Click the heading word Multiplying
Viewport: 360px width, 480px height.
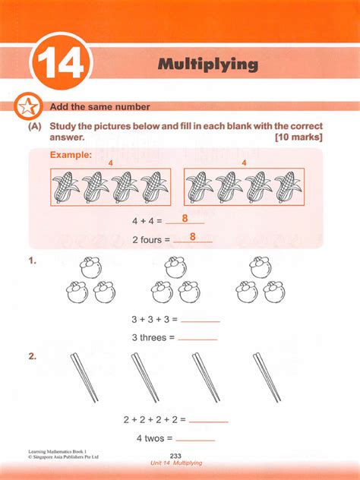(207, 64)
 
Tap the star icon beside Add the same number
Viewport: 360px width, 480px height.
(27, 107)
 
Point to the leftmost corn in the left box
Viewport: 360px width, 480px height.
(67, 188)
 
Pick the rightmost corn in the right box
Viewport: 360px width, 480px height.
(286, 188)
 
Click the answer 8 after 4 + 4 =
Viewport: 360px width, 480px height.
(185, 219)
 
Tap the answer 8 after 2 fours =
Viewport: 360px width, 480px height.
(192, 237)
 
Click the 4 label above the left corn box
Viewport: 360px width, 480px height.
(110, 163)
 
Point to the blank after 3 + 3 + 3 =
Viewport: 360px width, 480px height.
(200, 319)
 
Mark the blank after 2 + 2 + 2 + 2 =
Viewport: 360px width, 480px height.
(208, 419)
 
